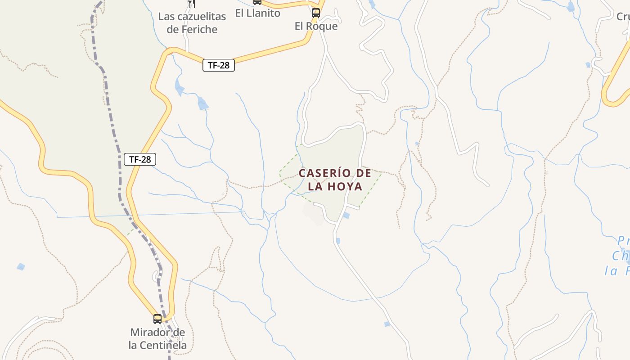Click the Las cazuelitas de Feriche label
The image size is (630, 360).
click(x=192, y=23)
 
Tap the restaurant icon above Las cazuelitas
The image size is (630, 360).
click(x=192, y=4)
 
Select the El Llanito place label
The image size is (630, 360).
click(x=257, y=13)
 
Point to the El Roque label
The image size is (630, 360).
click(x=316, y=26)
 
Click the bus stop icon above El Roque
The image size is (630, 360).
click(x=316, y=13)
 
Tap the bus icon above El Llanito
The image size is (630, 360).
click(x=257, y=2)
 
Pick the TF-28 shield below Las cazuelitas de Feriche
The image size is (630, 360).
click(x=219, y=65)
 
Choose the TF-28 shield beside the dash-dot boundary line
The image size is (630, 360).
click(x=140, y=159)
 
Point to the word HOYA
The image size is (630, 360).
click(x=345, y=186)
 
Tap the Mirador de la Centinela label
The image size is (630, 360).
click(x=157, y=339)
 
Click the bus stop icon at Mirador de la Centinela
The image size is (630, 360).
click(x=157, y=319)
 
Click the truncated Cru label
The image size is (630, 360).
click(x=623, y=17)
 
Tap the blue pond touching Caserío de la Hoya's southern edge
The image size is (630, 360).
click(x=346, y=216)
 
